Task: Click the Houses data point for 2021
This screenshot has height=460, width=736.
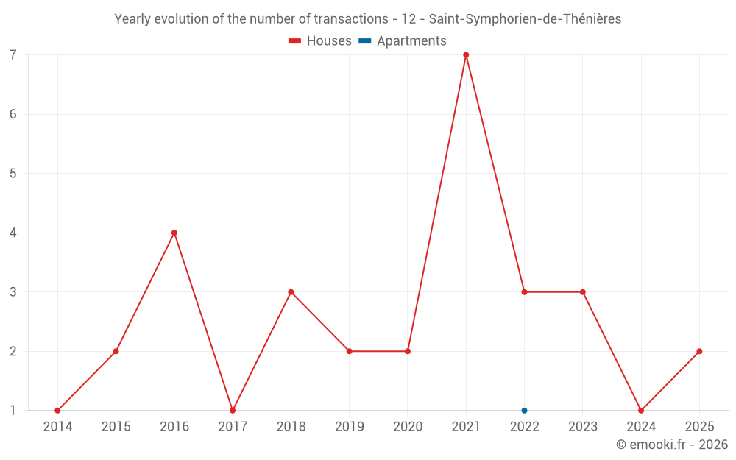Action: tap(466, 55)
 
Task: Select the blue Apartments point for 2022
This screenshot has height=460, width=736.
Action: tap(524, 411)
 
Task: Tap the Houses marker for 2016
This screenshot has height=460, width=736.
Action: tap(174, 233)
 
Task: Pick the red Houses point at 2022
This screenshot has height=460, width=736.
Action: tap(524, 292)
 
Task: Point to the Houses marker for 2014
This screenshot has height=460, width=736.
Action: tap(57, 411)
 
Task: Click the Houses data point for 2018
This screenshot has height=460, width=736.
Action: tap(291, 292)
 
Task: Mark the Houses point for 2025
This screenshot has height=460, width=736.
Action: tap(699, 351)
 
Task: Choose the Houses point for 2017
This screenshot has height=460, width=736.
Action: tap(233, 411)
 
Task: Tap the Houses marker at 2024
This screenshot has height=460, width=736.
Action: tap(641, 411)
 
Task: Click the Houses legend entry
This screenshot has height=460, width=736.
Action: tap(320, 41)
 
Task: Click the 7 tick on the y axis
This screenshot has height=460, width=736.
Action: tap(13, 55)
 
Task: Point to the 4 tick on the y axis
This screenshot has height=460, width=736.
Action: tap(13, 233)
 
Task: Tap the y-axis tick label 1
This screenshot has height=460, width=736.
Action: tap(13, 411)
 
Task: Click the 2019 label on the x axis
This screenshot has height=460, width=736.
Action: tap(349, 427)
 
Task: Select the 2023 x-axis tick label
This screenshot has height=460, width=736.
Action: tap(582, 427)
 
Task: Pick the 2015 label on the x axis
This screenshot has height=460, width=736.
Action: tap(116, 427)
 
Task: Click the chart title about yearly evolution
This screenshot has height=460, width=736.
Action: tap(367, 19)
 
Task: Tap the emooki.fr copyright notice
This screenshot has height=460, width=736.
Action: tap(671, 445)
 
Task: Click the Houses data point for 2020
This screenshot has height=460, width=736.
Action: tap(408, 351)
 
